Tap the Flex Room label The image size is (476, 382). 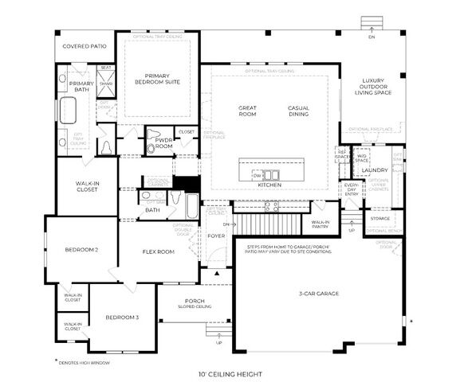pos(159,251)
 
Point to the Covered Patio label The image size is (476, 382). pos(85,46)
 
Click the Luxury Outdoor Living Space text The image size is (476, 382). pos(373,87)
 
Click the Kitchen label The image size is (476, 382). pos(269,185)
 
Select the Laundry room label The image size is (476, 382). pos(374,170)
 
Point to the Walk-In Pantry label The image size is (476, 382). pos(321,225)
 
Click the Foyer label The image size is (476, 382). pos(216,236)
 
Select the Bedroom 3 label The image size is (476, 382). pos(122,318)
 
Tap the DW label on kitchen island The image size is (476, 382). pos(257,173)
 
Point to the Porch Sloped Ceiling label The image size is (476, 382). pos(194,303)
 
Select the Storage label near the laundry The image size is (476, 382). pos(380,218)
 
